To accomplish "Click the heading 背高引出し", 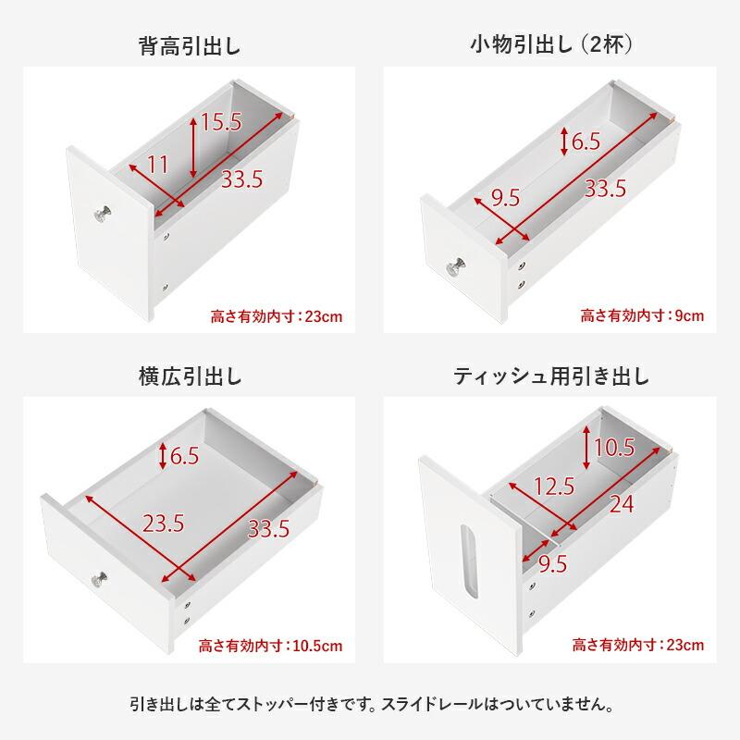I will pyautogui.click(x=190, y=45).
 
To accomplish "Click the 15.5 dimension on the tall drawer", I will pyautogui.click(x=220, y=121).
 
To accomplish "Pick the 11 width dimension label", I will pyautogui.click(x=158, y=164).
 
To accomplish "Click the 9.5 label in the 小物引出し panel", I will pyautogui.click(x=505, y=196).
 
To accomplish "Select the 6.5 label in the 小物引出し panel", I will pyautogui.click(x=586, y=142).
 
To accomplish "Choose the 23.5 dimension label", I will pyautogui.click(x=163, y=523).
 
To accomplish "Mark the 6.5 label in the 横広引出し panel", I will pyautogui.click(x=185, y=455).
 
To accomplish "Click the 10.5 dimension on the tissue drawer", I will pyautogui.click(x=613, y=448).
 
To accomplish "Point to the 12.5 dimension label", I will pyautogui.click(x=554, y=485).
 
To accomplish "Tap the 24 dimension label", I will pyautogui.click(x=622, y=504).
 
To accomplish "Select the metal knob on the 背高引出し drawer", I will pyautogui.click(x=102, y=215).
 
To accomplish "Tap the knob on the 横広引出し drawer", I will pyautogui.click(x=99, y=580).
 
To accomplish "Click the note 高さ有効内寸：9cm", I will pyautogui.click(x=642, y=315).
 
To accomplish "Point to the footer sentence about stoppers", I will pyautogui.click(x=370, y=704).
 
